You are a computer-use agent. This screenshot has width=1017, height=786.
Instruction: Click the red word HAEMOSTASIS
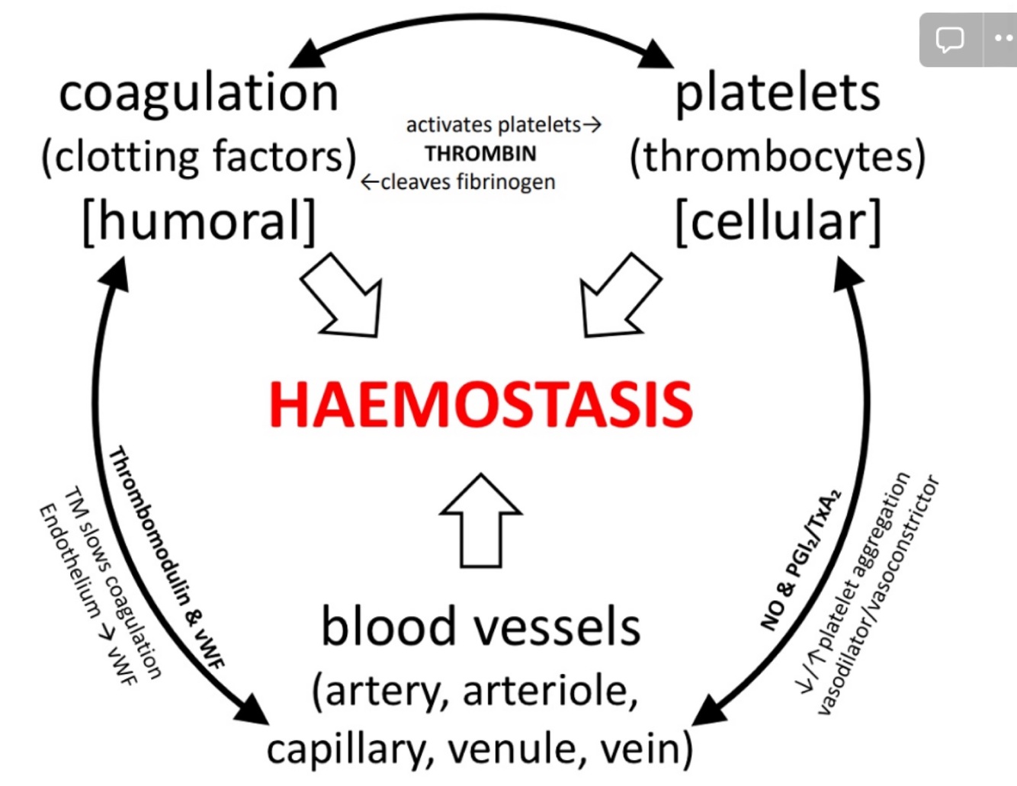[481, 404]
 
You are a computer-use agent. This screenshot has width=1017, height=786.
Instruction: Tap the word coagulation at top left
[198, 94]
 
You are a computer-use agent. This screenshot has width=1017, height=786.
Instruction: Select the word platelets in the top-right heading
[778, 94]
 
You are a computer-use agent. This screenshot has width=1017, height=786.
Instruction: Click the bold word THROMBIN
[480, 154]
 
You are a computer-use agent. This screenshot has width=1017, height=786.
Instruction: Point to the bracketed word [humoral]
[198, 221]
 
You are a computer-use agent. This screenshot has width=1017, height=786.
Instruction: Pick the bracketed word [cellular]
[778, 221]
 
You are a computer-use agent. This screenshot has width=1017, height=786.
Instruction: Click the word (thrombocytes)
[777, 157]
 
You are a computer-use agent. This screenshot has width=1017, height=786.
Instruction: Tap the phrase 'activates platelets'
[493, 125]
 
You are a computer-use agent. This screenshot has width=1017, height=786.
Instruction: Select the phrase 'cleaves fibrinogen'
[467, 182]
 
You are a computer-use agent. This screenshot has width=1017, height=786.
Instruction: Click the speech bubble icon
[950, 40]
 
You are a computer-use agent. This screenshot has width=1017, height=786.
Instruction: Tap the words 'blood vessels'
[480, 627]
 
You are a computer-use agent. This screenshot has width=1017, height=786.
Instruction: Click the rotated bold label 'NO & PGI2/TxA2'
[800, 560]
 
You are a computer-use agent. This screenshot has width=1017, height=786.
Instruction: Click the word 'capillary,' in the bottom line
[350, 749]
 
